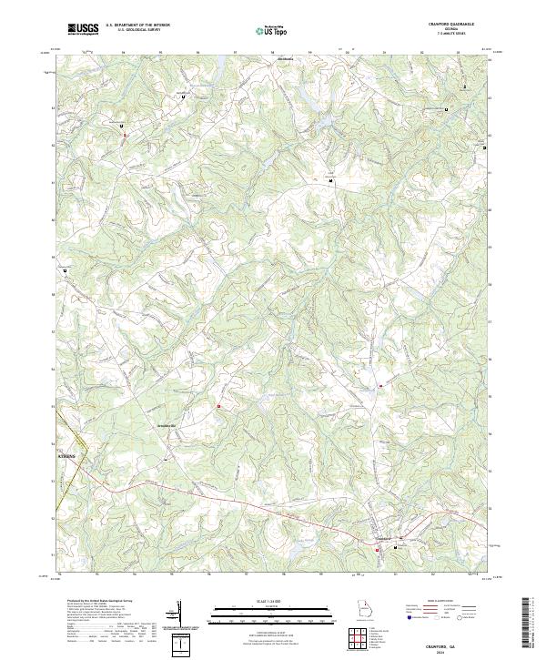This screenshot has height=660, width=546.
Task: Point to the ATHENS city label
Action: coord(68,452)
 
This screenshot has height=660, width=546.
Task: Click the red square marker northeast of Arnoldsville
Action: coord(218,405)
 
